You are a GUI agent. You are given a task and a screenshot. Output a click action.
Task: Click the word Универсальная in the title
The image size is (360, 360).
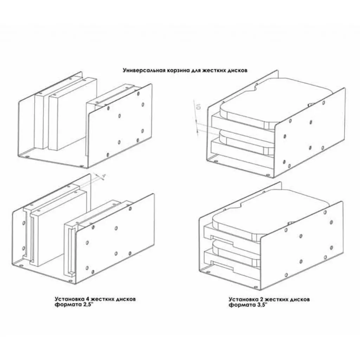[x=139, y=70]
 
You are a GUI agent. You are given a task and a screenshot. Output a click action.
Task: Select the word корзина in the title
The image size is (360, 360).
[x=169, y=70]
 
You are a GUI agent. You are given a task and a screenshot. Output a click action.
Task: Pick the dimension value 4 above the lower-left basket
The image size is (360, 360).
[x=104, y=176]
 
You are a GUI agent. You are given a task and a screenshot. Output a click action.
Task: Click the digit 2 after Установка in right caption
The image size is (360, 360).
[x=262, y=300]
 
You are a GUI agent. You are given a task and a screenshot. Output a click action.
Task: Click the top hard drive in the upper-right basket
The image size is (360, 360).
[x=281, y=102]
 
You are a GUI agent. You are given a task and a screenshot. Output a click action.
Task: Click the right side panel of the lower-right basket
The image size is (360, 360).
[x=302, y=246]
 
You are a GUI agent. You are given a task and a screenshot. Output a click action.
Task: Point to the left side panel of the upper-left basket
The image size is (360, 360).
[x=26, y=127]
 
